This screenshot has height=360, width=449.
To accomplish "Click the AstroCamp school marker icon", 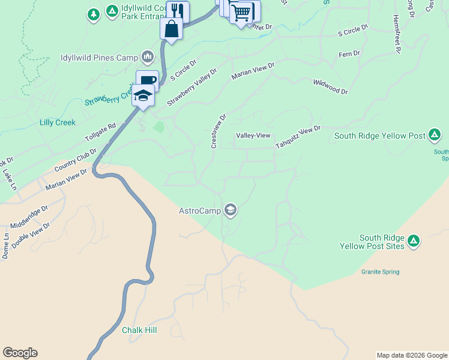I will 230,210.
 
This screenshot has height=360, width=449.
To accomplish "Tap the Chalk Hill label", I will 139,330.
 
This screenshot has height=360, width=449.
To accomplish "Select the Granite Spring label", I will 380,272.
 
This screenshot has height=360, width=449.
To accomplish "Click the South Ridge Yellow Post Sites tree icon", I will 414,241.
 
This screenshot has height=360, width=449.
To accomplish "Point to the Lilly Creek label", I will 58,122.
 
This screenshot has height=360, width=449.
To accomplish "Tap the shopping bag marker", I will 171,29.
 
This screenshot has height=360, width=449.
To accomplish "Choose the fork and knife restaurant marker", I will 178,11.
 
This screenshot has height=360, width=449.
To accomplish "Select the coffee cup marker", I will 147,80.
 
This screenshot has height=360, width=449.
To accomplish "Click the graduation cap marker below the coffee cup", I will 143,95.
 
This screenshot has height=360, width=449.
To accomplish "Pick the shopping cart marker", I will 241,12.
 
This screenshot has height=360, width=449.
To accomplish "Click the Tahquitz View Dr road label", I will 298,137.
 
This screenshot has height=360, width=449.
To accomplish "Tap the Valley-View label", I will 253,136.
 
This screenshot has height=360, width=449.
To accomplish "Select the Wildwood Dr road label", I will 330,87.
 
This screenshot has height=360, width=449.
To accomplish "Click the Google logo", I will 20,353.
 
